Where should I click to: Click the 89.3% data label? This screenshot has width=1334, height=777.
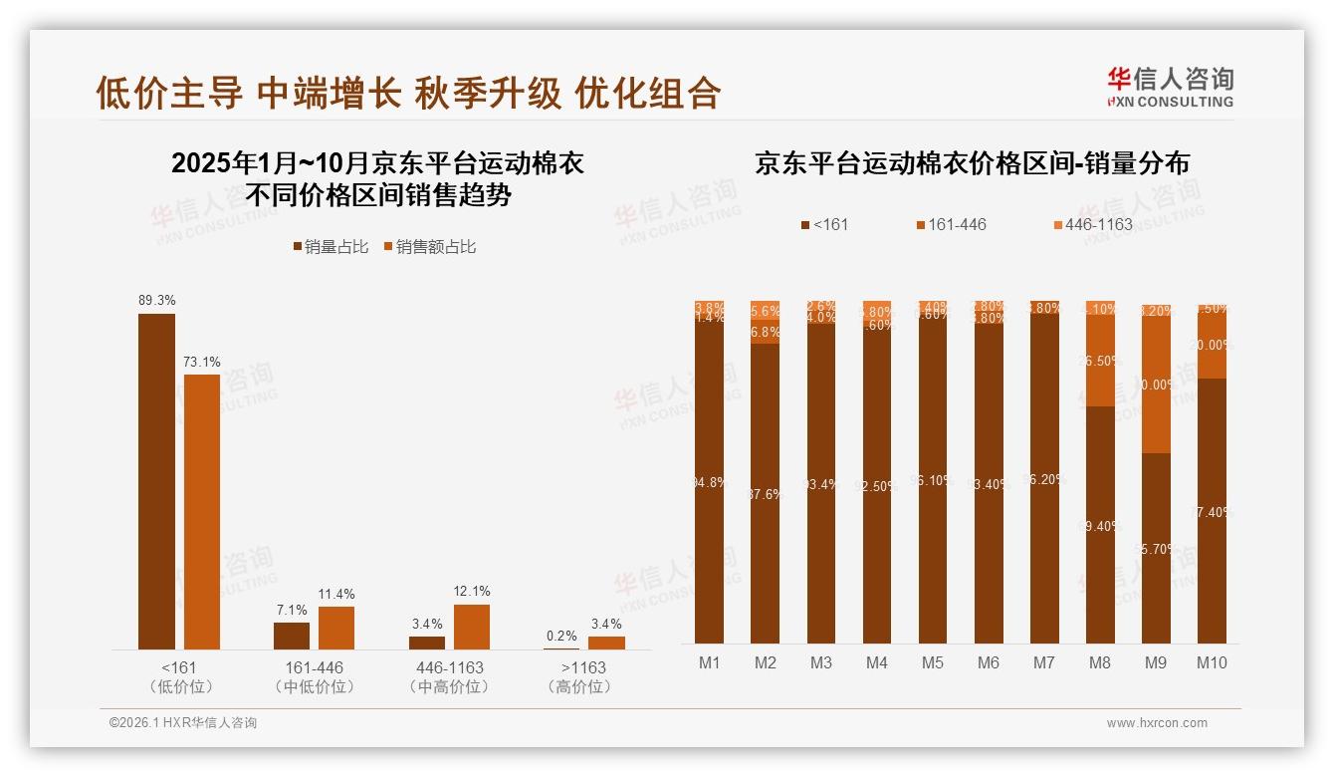pyautogui.click(x=156, y=300)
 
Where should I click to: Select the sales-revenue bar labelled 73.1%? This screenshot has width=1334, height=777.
pyautogui.click(x=202, y=511)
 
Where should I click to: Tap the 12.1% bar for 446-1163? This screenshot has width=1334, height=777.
pyautogui.click(x=472, y=627)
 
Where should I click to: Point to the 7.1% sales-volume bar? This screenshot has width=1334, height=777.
pyautogui.click(x=292, y=636)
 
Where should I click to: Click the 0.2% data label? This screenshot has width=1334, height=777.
pyautogui.click(x=561, y=637)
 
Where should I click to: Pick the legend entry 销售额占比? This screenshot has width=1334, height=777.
pyautogui.click(x=430, y=246)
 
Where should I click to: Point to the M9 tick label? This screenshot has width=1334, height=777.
pyautogui.click(x=1156, y=662)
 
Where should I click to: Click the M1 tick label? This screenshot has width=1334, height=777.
pyautogui.click(x=710, y=662)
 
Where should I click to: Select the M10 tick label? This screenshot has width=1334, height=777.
pyautogui.click(x=1212, y=662)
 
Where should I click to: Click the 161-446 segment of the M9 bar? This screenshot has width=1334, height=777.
pyautogui.click(x=1156, y=385)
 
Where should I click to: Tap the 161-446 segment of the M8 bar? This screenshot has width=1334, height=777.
pyautogui.click(x=1100, y=361)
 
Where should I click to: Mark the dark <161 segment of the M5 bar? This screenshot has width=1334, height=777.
pyautogui.click(x=933, y=480)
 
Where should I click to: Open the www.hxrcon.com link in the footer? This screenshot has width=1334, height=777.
pyautogui.click(x=1157, y=723)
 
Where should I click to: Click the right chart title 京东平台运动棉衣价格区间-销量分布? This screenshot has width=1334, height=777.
pyautogui.click(x=972, y=164)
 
